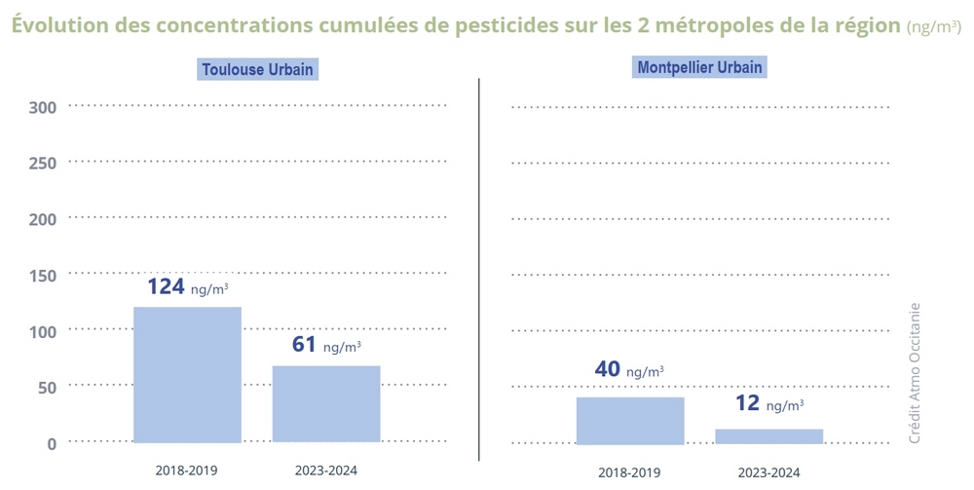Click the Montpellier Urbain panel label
pos(699,68)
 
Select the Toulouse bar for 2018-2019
pos(187,375)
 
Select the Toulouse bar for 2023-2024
pos(326,404)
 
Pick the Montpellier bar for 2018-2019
pos(630,421)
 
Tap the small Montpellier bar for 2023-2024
pos(768,436)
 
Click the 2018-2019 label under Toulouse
pos(186,471)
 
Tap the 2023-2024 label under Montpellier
pos(768,472)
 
